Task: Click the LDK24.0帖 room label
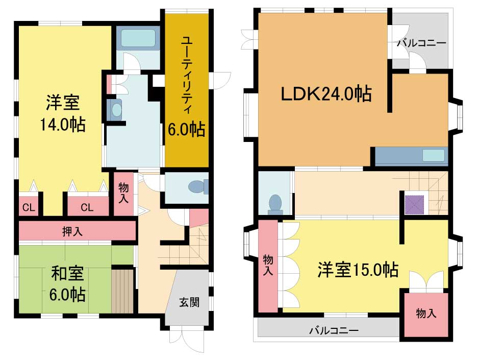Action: pos(326,94)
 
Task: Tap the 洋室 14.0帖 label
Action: pos(63,113)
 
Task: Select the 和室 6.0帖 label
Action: pos(67,283)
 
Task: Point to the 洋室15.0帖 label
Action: pos(358,270)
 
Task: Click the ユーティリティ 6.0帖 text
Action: pos(186,86)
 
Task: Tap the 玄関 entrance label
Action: pos(189,302)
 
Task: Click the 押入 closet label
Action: pos(72,231)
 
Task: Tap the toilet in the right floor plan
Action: pos(276,204)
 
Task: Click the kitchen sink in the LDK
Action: pos(434,155)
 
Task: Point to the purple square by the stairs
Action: pos(414,205)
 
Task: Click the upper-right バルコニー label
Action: pos(421,43)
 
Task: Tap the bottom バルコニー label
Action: pos(334,330)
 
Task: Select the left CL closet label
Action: pos(29,208)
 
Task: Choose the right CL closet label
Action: pos(87,208)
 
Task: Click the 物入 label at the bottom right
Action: pos(426,313)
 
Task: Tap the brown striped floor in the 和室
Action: pos(122,291)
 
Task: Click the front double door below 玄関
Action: pos(187,340)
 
